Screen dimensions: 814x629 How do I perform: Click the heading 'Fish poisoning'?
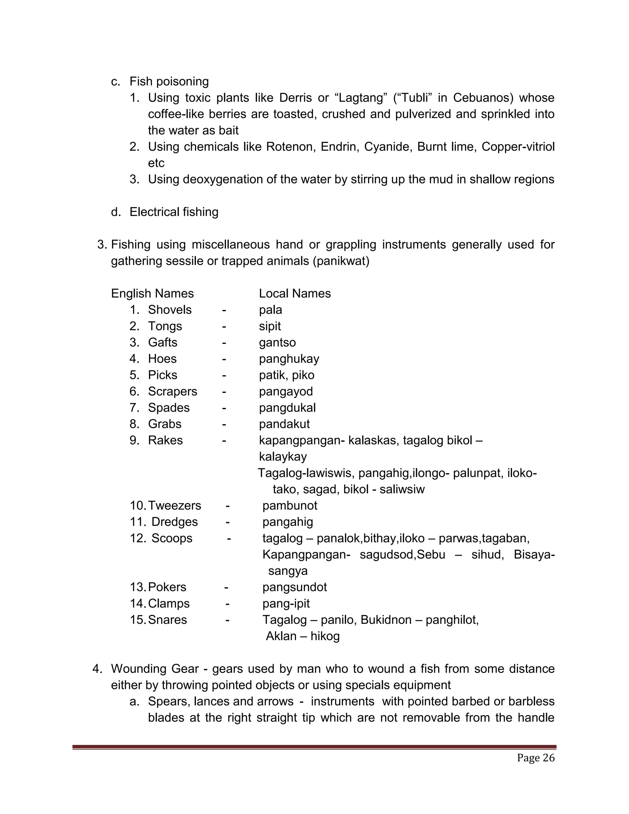point(169,81)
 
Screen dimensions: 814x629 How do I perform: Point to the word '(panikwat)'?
point(341,261)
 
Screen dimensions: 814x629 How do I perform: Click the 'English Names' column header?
point(152,293)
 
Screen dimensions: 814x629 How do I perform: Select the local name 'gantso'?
point(277,342)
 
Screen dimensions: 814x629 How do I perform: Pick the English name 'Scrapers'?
point(173,391)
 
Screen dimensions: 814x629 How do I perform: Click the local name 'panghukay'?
point(289,358)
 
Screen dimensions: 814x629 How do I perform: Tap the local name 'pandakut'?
point(284,424)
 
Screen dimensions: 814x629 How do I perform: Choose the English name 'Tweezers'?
point(174,505)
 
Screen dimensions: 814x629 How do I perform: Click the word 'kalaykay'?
point(283,456)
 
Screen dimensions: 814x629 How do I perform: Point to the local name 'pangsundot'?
point(294,587)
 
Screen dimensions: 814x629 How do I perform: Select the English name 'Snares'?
point(167,620)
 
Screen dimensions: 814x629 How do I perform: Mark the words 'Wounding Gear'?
point(155,669)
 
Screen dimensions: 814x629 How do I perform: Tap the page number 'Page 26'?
point(535,758)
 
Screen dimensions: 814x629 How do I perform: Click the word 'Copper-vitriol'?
point(518,147)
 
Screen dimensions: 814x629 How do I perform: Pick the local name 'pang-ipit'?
point(286,603)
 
